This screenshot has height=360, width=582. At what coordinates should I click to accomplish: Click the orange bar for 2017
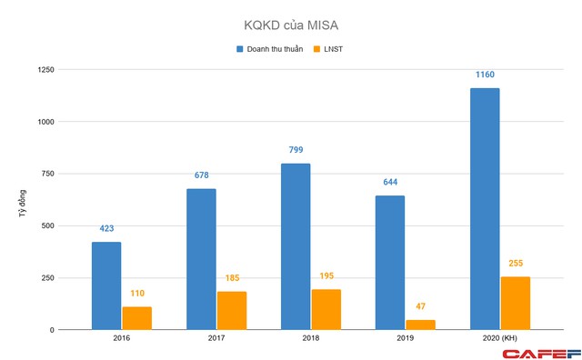[231, 310]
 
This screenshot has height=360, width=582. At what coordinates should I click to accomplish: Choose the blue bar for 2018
[296, 246]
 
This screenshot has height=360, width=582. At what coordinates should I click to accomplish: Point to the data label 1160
[484, 75]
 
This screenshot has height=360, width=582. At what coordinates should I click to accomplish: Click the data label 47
[420, 307]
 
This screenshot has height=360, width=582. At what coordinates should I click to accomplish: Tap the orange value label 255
[515, 265]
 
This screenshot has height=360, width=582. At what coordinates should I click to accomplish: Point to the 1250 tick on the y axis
[43, 69]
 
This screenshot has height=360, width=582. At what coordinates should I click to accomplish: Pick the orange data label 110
[136, 295]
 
